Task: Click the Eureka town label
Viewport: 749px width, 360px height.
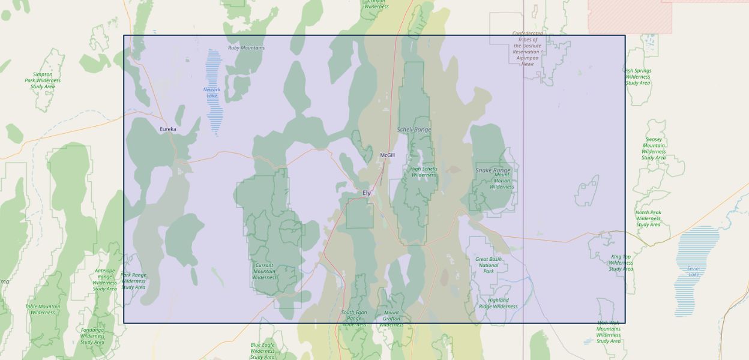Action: pos(168,129)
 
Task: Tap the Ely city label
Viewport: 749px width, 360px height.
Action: pos(367,193)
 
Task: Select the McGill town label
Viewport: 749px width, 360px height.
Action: pos(388,155)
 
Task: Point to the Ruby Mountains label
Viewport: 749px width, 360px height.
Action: pos(246,48)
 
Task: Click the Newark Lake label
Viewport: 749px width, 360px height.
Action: pos(212,92)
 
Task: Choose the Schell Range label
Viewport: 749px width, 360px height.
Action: pos(414,130)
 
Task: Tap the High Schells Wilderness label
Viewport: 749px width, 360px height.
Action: pos(424,172)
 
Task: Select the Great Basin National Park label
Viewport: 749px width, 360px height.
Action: pos(489,265)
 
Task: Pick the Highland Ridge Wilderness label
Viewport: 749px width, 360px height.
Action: pos(498,303)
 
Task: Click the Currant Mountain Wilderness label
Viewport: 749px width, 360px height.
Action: pos(264,271)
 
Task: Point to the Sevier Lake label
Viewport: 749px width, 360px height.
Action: pos(694,271)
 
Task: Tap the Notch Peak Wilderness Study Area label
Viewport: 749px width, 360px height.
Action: pos(648,218)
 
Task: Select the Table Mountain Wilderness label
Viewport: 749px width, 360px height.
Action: pos(43,309)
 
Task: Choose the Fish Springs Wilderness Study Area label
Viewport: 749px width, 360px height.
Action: pos(638,77)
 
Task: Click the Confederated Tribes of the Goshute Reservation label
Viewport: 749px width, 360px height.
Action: pos(528,49)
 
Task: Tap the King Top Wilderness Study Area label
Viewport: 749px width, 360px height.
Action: pos(621,263)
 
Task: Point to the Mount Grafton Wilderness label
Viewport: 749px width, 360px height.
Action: pos(391,319)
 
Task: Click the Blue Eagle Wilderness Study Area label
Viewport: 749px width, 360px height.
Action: pos(262,351)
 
